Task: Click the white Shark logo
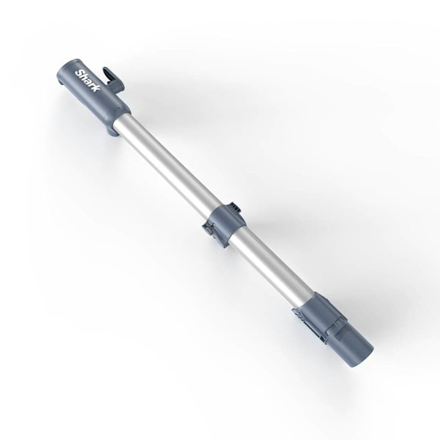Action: click(88, 81)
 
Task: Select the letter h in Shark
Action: click(84, 78)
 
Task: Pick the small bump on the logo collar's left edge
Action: click(59, 82)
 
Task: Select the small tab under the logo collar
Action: click(112, 131)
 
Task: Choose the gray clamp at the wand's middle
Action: click(226, 223)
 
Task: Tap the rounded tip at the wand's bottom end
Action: click(360, 352)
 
